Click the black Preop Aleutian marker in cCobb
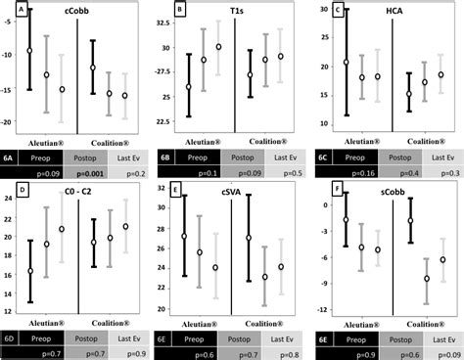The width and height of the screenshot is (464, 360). tap(29, 50)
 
